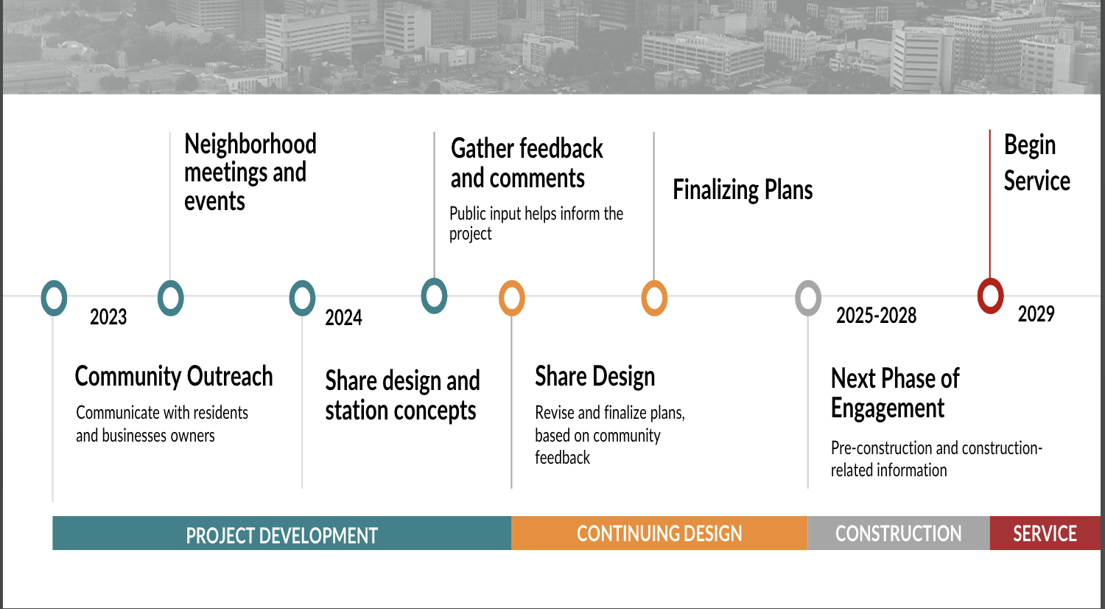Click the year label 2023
(x=108, y=317)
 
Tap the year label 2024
(x=343, y=318)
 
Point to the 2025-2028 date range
(x=876, y=316)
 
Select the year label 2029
(x=1036, y=314)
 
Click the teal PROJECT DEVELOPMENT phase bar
(x=281, y=533)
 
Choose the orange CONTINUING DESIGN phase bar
(x=659, y=533)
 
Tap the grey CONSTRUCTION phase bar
(x=899, y=533)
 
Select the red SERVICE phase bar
(x=1045, y=533)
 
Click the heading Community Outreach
(x=174, y=376)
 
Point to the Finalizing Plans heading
(x=743, y=190)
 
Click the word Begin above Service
(x=1030, y=145)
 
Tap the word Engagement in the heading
(x=888, y=408)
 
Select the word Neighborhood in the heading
(x=250, y=145)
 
